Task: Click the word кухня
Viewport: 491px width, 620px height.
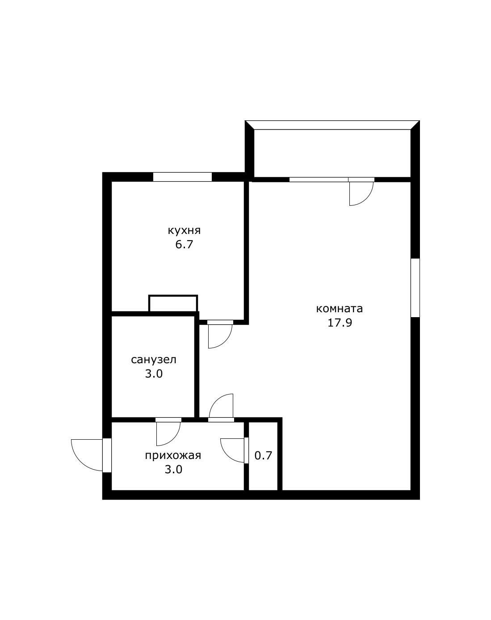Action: click(x=184, y=231)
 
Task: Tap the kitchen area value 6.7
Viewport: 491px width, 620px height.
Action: click(x=184, y=245)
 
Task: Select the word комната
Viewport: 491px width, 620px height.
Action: click(x=340, y=309)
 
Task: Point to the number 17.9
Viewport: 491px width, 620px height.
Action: click(x=340, y=323)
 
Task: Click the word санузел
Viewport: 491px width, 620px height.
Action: click(x=154, y=360)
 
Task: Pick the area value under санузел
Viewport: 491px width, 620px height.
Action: click(x=154, y=374)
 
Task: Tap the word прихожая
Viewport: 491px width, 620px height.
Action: click(x=173, y=455)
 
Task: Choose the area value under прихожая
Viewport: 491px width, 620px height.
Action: click(x=173, y=470)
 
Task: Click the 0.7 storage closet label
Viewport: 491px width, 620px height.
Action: click(x=263, y=456)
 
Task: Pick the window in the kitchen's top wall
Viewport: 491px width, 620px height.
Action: click(x=182, y=177)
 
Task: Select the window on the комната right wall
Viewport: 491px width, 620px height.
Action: click(x=415, y=288)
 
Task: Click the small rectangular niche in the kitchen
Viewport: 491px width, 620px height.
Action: click(x=173, y=303)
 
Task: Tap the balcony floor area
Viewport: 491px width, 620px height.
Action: click(x=332, y=153)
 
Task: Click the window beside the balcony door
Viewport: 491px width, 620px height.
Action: click(x=319, y=180)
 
